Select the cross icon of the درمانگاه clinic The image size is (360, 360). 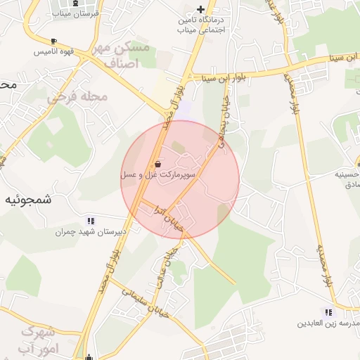click(x=200, y=10)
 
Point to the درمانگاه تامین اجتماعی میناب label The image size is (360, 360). click(x=204, y=25)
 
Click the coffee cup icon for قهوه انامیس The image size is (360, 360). click(x=53, y=41)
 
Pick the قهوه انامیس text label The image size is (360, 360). click(x=53, y=52)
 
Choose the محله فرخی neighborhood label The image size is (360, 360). click(x=77, y=96)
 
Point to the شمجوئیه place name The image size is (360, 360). click(x=29, y=199)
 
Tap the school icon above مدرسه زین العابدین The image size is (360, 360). click(x=328, y=311)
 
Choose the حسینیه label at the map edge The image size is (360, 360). click(x=347, y=172)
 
